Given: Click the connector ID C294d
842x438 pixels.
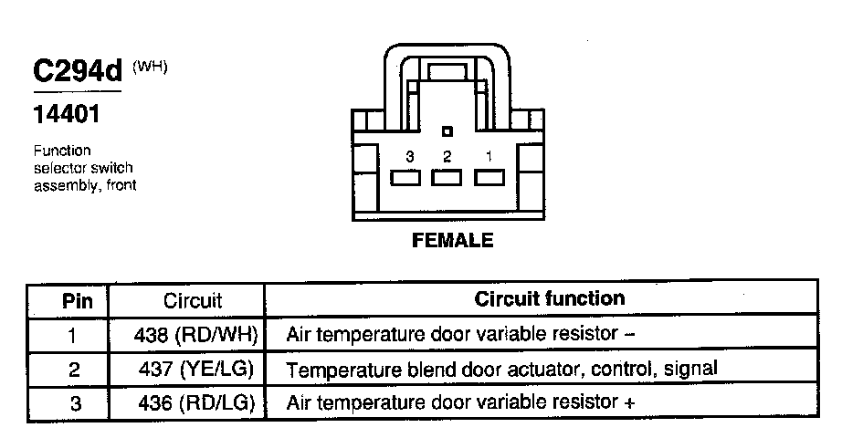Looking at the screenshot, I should (78, 73).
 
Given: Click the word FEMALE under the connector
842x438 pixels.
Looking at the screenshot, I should (453, 241).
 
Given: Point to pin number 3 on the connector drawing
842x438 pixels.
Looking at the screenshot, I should (410, 157).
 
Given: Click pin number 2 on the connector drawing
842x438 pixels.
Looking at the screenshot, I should (447, 157).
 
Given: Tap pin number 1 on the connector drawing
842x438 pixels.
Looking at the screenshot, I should (489, 157).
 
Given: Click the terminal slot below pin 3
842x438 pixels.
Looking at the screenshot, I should (406, 178).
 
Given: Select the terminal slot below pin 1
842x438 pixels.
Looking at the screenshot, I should (489, 178).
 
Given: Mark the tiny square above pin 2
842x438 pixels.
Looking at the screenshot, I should (447, 132).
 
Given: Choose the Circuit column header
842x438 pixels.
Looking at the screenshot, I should (192, 300).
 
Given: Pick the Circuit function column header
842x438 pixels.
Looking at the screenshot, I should (550, 298).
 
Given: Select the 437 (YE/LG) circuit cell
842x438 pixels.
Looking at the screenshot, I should (194, 369).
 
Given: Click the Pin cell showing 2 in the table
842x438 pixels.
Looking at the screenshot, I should (74, 370).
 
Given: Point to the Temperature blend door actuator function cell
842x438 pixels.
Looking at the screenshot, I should (501, 369).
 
